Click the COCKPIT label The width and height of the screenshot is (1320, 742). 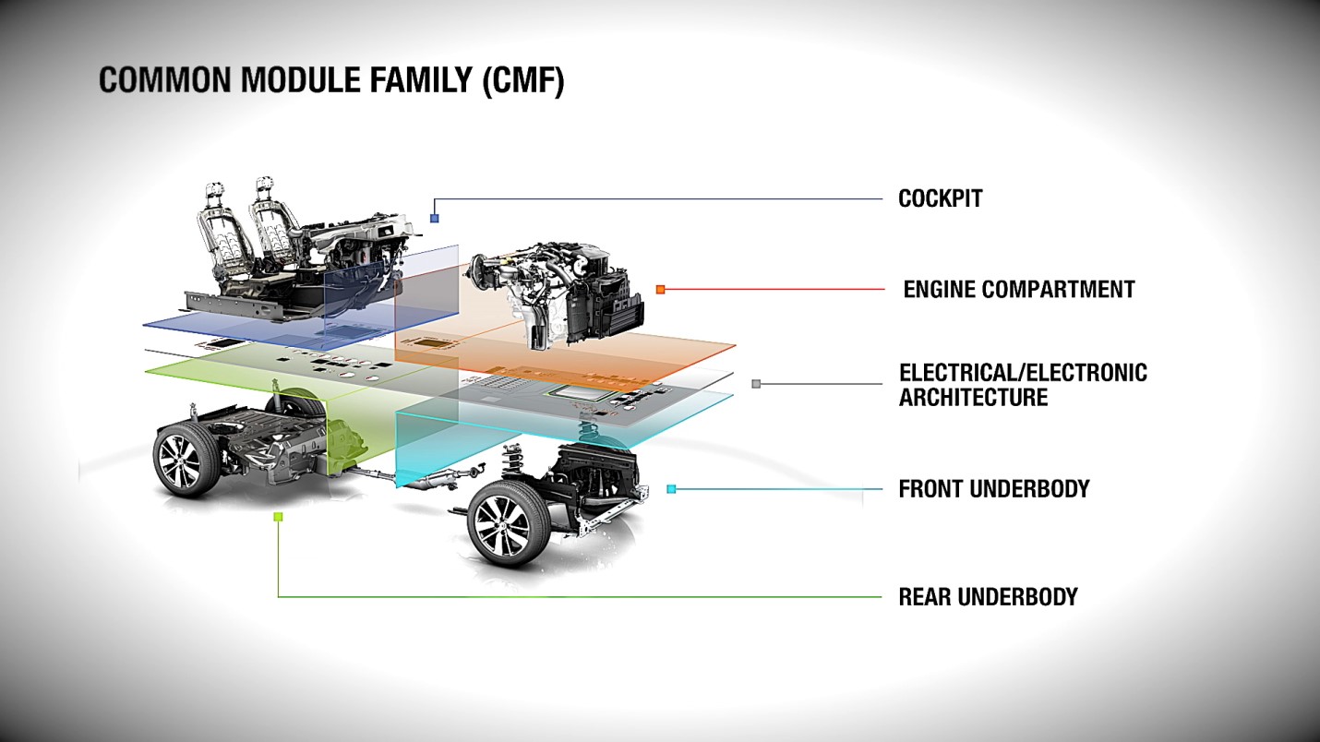940,198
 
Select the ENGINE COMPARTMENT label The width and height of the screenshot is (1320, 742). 1018,289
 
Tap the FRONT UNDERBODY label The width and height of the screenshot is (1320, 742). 993,488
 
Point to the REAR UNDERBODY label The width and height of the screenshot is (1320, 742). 988,596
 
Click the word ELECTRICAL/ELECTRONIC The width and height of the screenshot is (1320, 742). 1023,373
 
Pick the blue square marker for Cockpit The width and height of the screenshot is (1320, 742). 435,218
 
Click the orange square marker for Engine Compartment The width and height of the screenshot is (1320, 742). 660,289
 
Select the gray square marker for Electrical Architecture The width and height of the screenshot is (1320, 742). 756,384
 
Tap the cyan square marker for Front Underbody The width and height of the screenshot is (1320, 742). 671,489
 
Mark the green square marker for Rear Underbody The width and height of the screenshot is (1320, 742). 278,517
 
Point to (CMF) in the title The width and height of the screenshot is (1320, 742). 522,80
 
